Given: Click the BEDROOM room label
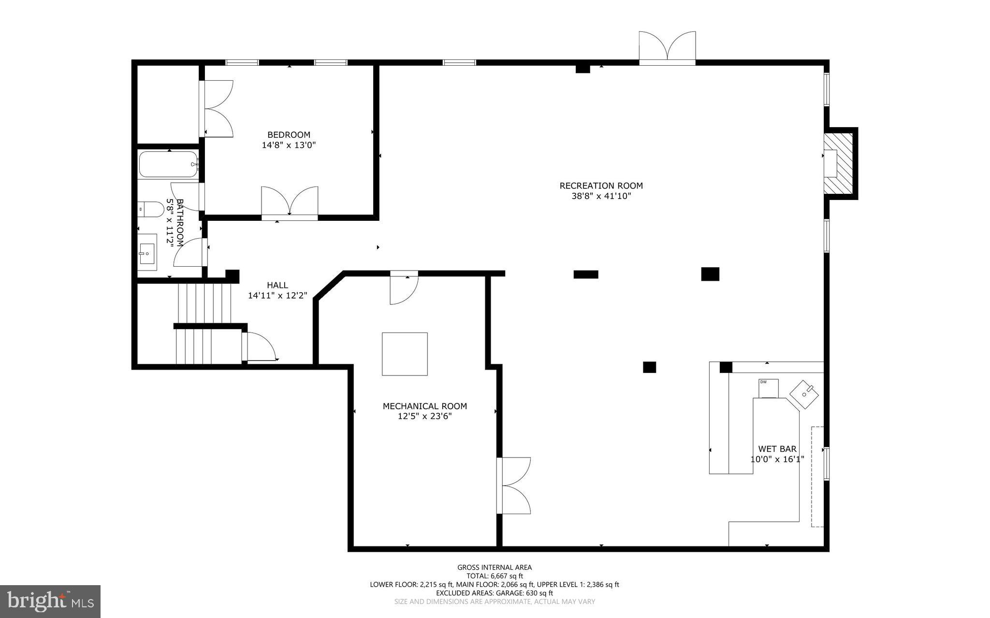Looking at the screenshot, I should tap(289, 135).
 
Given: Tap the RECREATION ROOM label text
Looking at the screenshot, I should tap(601, 186).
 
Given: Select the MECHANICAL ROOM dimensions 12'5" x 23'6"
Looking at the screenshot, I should tap(424, 417).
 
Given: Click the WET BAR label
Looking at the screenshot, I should tap(777, 449).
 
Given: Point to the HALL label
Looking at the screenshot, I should tap(277, 285).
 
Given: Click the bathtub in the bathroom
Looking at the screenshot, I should tap(168, 165).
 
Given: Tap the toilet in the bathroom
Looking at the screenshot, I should tap(151, 209).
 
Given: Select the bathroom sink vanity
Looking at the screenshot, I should tap(147, 252).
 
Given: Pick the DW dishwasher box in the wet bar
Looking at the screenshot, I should tap(768, 388).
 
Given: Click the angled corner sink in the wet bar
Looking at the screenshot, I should tap(804, 394).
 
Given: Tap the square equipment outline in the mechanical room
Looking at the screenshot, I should tap(405, 354).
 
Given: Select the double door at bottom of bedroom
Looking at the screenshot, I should tap(290, 202).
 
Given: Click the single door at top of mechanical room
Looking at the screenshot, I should tap(404, 289).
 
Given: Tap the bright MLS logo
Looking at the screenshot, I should tap(50, 601).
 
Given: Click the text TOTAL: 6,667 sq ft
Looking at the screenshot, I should tap(495, 575).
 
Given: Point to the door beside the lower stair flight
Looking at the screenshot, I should tap(260, 347).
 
